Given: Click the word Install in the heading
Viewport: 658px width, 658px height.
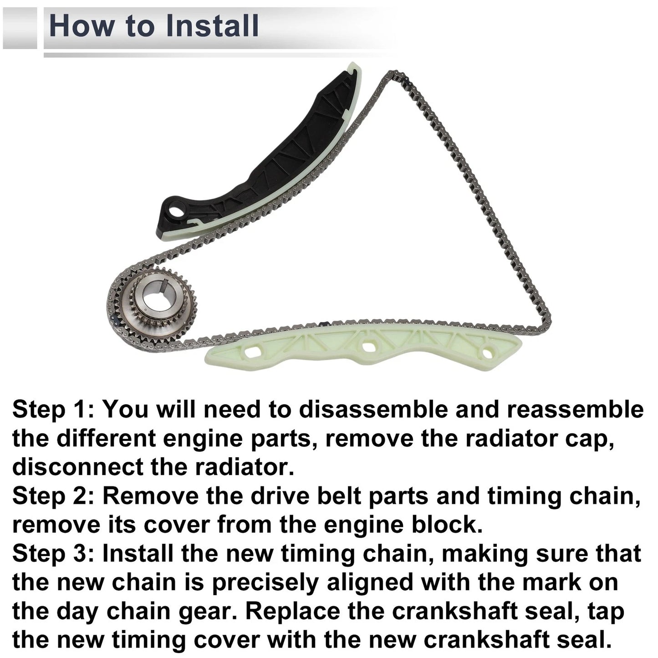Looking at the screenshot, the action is click(x=212, y=26).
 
